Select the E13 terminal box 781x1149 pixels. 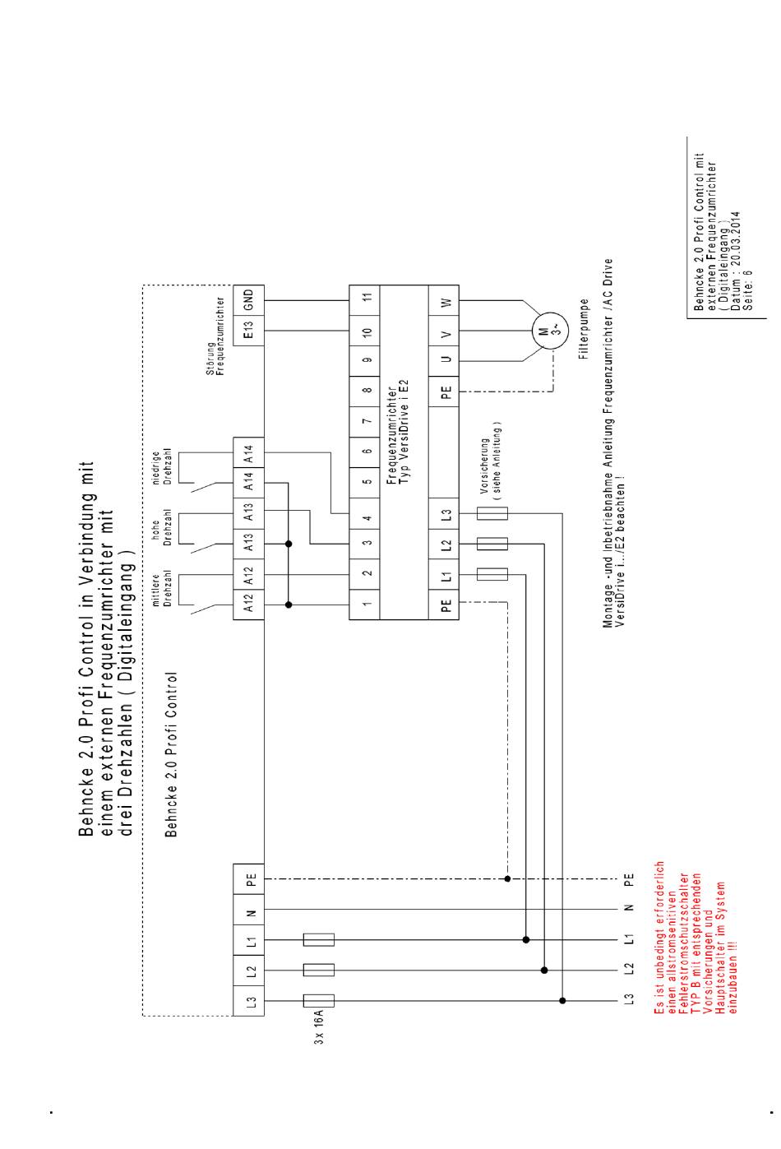[250, 330]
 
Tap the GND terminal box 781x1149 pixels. [250, 299]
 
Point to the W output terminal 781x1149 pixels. [446, 302]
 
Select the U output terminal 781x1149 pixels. [446, 361]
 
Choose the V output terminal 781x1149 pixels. [446, 331]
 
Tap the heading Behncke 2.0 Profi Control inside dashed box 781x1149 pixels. [171, 753]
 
